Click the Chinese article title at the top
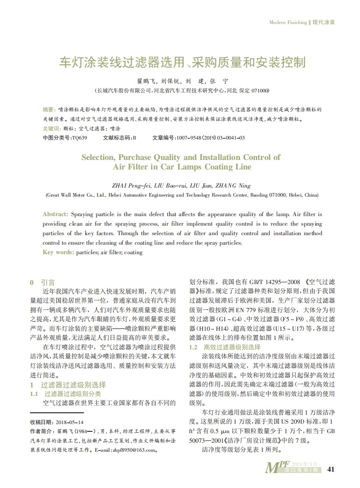183,62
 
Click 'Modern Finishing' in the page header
288,22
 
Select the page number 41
331,469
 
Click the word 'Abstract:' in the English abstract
55,214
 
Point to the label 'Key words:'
58,252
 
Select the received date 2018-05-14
70,422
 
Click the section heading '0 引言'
43,282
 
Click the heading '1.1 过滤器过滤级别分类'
66,394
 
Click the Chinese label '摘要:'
49,110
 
